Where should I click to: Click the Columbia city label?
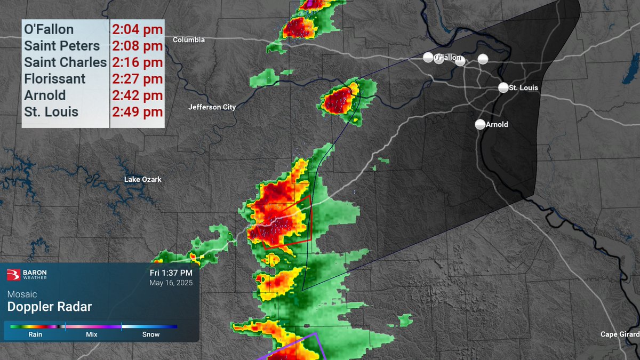tap(189, 40)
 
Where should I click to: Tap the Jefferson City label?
tap(212, 107)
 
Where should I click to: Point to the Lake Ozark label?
tap(142, 179)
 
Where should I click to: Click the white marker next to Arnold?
tap(480, 124)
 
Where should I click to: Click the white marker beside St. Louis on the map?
tap(503, 87)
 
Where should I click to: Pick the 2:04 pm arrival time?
tap(137, 29)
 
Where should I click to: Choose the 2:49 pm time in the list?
tap(137, 112)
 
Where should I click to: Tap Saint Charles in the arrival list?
tap(65, 62)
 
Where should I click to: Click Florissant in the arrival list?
tap(54, 79)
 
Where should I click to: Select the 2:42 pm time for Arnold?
tap(137, 95)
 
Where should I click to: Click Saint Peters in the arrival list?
tap(62, 46)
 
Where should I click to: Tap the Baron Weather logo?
tap(27, 275)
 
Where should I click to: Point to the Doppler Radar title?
tap(49, 307)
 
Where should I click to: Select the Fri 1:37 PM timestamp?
tap(171, 273)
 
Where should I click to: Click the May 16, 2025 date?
tap(171, 283)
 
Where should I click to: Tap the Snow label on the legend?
tap(150, 334)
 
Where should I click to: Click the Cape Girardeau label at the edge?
tap(620, 334)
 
